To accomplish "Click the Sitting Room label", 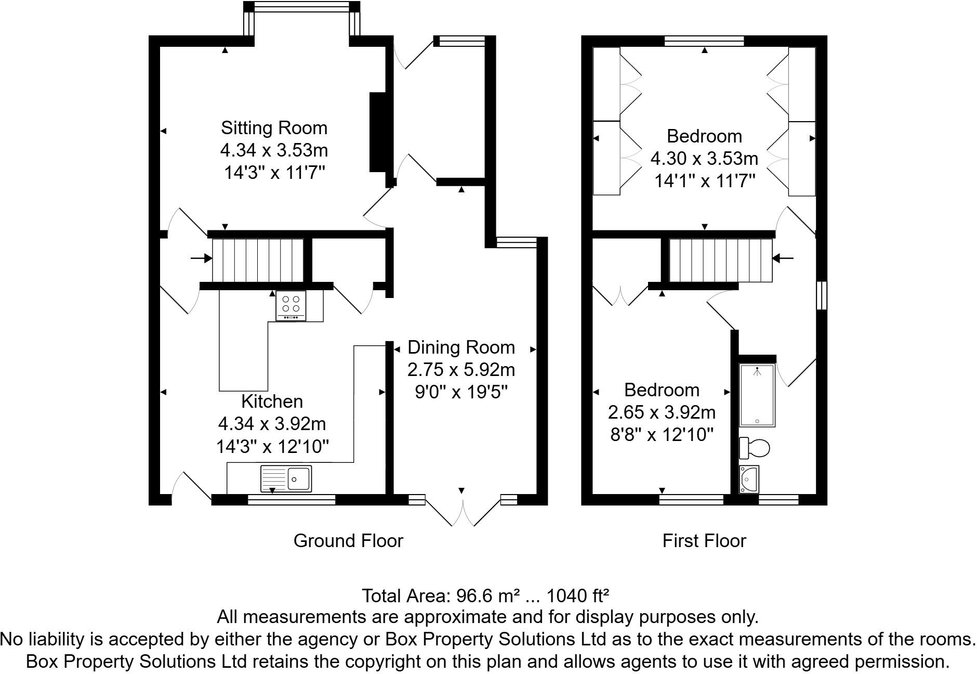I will point(274,128).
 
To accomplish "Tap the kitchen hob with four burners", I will point(291,305).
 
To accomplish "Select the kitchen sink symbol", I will point(286,478).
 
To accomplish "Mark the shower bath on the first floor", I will point(757,395).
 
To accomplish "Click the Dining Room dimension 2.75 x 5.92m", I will point(461,370).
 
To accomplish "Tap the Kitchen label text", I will point(272,401).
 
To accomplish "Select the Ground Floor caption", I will point(348,541).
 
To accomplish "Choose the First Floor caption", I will point(704,541).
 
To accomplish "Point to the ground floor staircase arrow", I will point(201,258).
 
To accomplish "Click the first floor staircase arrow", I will point(783,258).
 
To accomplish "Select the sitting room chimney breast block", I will point(378,132).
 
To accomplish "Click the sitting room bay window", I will point(302,7).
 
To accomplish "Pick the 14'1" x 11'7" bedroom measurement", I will point(704,181).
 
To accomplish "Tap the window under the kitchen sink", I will point(292,500).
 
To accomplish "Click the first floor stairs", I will point(720,260).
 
